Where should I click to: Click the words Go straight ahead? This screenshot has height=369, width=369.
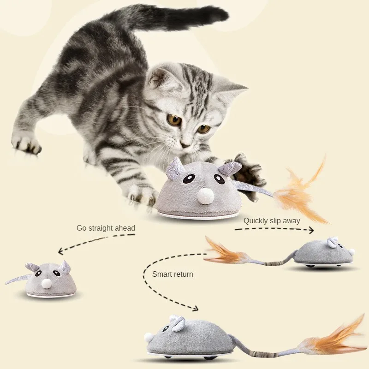(106, 228)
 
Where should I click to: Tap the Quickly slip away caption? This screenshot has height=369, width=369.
(272, 220)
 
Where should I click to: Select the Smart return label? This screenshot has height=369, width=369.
(173, 274)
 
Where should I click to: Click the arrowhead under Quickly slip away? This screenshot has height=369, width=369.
(311, 230)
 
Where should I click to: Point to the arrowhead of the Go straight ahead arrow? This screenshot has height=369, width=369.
(61, 251)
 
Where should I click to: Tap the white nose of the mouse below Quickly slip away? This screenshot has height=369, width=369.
(352, 252)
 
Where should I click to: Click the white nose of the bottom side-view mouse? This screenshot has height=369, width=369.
(148, 337)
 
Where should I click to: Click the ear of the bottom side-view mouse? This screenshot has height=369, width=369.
(178, 322)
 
